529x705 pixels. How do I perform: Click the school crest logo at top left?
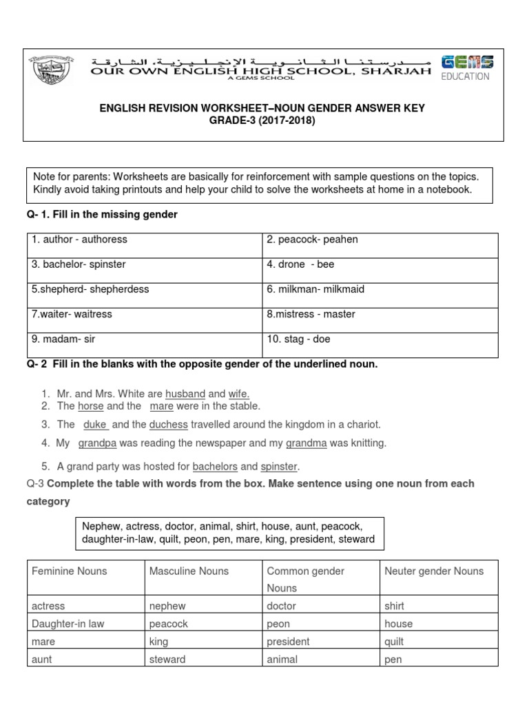(x=52, y=72)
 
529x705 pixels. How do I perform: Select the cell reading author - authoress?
(x=79, y=240)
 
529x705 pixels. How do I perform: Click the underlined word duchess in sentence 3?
(x=168, y=425)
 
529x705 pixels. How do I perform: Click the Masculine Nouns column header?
(x=189, y=571)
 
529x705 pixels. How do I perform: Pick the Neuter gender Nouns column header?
(x=434, y=571)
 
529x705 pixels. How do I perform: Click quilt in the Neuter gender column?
(x=395, y=642)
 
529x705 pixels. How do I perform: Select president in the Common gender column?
(x=288, y=642)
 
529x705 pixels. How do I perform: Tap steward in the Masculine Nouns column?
(x=167, y=660)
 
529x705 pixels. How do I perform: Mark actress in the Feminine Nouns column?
(x=48, y=606)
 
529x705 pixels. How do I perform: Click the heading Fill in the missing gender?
(x=102, y=215)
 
